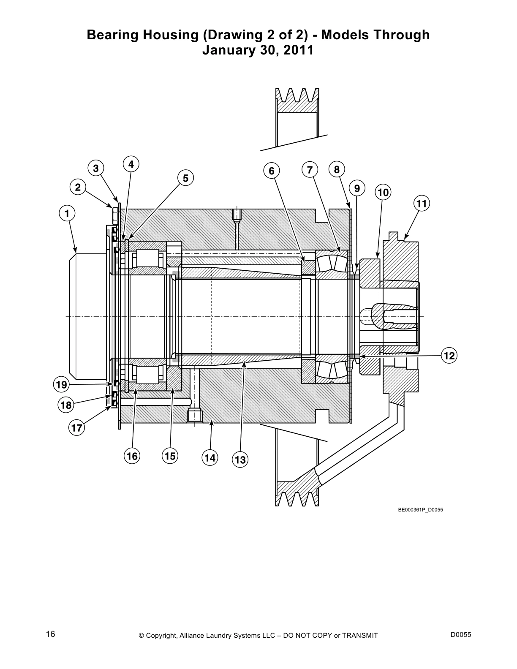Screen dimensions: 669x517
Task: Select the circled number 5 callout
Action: [185, 178]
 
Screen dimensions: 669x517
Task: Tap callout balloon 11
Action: [422, 204]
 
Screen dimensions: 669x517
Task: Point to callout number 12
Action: [449, 356]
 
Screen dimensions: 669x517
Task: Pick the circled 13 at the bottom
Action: [240, 460]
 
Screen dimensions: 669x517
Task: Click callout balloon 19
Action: [61, 384]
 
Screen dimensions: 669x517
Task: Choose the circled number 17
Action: [76, 428]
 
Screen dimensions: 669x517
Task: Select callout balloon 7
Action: [310, 170]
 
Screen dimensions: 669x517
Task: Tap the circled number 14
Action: [210, 457]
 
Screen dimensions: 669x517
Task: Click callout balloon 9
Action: [357, 188]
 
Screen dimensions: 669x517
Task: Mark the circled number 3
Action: [96, 168]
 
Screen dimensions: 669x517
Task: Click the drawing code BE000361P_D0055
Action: [420, 510]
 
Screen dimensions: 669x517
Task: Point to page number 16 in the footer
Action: [51, 634]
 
